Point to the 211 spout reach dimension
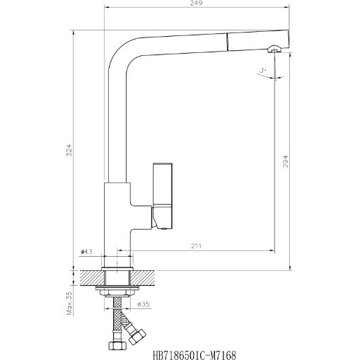pyautogui.click(x=194, y=245)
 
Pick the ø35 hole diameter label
pyautogui.click(x=142, y=305)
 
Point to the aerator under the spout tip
pyautogui.click(x=275, y=49)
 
